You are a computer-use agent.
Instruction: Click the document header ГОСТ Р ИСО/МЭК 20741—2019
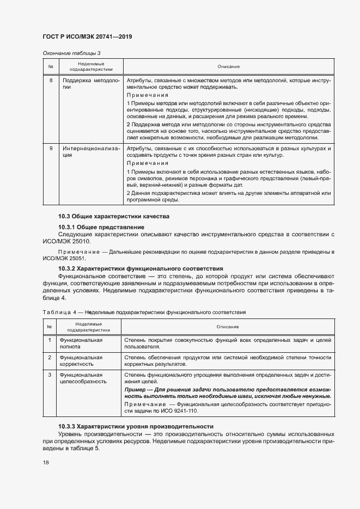click(x=87, y=37)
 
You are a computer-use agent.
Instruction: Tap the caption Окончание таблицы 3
click(x=71, y=53)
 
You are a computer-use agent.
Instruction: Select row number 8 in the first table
click(x=51, y=81)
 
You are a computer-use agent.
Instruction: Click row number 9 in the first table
click(x=51, y=149)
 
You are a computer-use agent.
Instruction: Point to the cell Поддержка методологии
click(x=90, y=84)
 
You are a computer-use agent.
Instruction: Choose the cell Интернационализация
click(x=90, y=152)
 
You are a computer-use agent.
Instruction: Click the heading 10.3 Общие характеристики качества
click(x=114, y=217)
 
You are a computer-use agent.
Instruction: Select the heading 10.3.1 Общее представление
click(x=101, y=226)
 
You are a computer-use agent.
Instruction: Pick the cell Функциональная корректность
click(x=82, y=361)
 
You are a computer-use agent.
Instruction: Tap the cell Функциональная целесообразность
click(x=83, y=378)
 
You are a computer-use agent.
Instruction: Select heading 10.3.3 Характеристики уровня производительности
click(x=136, y=426)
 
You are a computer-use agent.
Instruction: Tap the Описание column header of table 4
click(x=228, y=327)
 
